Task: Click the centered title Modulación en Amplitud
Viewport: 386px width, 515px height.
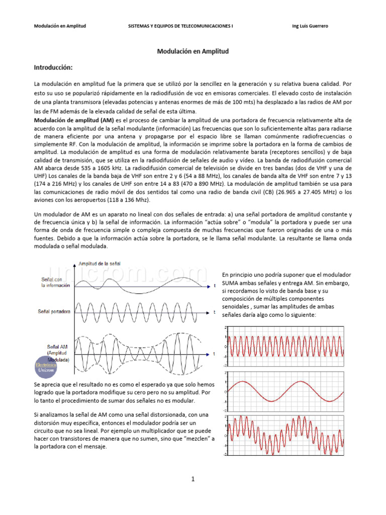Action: pos(193,51)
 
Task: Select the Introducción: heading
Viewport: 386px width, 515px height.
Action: pos(53,67)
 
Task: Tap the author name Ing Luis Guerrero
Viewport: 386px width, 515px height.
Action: pos(310,26)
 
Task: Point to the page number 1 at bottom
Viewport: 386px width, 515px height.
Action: pos(192,479)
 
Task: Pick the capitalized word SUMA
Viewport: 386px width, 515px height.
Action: pos(230,283)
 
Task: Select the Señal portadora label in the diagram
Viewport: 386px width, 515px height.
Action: pos(54,311)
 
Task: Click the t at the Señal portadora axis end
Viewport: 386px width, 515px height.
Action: pos(214,312)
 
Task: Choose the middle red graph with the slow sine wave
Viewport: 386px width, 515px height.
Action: pos(285,391)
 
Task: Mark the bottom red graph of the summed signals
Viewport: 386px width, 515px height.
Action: pos(285,435)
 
